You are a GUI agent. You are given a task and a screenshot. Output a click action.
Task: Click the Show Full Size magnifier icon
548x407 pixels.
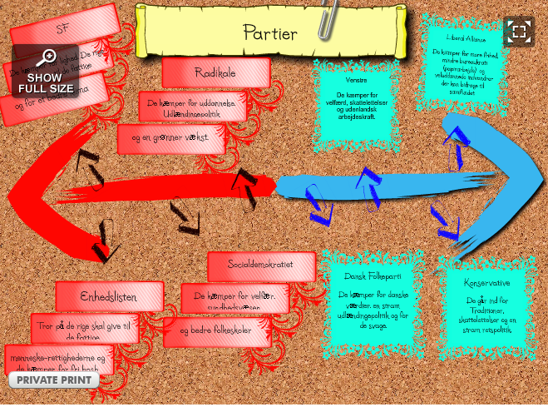tap(47, 57)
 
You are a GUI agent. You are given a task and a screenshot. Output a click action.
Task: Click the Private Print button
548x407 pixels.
tap(53, 380)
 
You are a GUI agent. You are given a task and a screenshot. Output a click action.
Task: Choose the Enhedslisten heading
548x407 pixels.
tap(109, 295)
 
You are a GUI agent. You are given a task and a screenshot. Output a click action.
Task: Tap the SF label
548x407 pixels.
tap(62, 27)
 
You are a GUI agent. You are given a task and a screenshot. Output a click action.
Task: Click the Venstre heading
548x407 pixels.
tap(356, 82)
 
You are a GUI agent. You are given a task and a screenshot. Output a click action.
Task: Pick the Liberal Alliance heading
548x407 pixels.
tap(467, 37)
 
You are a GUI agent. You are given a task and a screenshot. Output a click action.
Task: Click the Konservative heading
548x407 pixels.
tap(487, 283)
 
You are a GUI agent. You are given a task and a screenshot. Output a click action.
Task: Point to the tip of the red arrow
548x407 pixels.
tap(11, 195)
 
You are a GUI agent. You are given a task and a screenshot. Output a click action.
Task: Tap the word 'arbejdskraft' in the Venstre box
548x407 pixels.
tap(356, 117)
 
